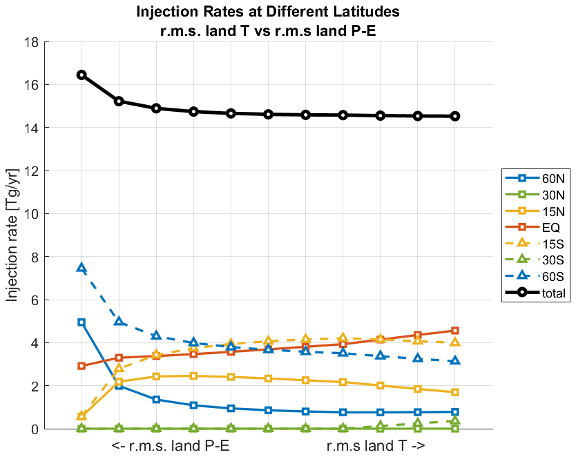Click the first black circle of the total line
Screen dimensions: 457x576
click(81, 75)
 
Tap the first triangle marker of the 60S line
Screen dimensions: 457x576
click(81, 268)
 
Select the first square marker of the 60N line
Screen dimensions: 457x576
click(81, 322)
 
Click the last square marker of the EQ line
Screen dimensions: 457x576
click(455, 331)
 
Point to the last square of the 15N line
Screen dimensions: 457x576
click(455, 392)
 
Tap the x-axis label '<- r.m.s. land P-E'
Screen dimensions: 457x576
click(170, 447)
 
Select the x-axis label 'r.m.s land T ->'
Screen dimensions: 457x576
click(376, 447)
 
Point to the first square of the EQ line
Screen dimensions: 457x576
click(81, 366)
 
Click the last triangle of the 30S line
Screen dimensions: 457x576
click(455, 421)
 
